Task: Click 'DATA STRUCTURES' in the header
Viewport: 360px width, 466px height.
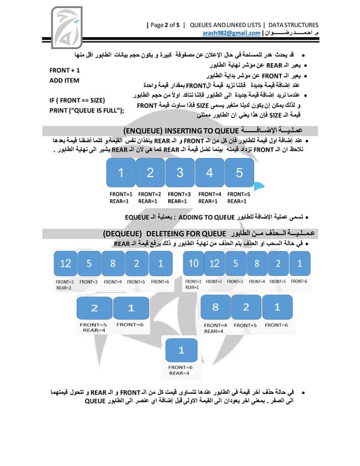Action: (x=293, y=25)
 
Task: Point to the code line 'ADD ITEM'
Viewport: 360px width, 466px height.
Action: (x=64, y=81)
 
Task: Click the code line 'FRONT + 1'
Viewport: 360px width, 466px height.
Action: (x=64, y=71)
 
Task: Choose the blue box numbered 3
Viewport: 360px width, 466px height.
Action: (x=179, y=173)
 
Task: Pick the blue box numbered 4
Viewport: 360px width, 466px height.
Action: (x=209, y=173)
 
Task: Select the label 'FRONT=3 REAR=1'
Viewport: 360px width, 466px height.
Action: (x=179, y=197)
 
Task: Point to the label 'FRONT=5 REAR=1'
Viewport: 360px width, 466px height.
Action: (x=238, y=197)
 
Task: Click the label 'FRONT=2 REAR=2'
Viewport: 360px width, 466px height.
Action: (x=64, y=284)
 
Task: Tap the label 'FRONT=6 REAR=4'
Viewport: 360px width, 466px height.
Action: (x=181, y=370)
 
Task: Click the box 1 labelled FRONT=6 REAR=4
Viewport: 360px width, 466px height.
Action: (x=181, y=350)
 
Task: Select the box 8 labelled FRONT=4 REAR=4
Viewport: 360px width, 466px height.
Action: (x=215, y=308)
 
